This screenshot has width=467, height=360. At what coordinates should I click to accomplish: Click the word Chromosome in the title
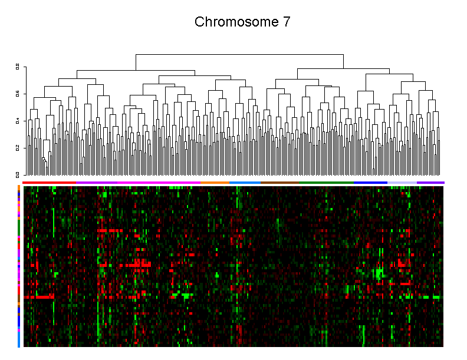pos(232,22)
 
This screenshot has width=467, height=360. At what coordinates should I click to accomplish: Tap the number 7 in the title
pos(286,22)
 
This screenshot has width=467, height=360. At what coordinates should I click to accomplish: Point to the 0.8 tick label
pos(18,67)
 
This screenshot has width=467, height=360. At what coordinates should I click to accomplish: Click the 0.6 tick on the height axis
pos(18,94)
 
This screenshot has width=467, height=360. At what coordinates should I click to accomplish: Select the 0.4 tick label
pos(18,121)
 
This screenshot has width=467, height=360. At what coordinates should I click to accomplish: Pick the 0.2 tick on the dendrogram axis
pos(18,148)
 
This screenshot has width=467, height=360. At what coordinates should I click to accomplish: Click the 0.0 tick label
pos(18,174)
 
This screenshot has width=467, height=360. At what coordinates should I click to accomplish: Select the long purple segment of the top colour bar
pos(139,183)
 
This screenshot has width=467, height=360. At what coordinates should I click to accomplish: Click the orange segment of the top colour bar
pos(215,183)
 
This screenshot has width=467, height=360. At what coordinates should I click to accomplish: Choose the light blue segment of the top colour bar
pos(245,183)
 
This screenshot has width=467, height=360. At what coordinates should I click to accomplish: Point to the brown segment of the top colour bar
pos(279,183)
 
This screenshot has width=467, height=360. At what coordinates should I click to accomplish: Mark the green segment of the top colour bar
pos(326,183)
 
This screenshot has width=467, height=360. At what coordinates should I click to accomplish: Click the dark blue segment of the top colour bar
pos(370,183)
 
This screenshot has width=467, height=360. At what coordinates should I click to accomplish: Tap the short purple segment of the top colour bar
pos(430,183)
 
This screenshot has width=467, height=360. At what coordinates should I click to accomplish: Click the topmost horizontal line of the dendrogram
pos(239,54)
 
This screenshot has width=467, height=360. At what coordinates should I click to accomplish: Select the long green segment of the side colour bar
pos(19,227)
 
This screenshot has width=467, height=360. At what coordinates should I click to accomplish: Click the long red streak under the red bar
pos(39,297)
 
